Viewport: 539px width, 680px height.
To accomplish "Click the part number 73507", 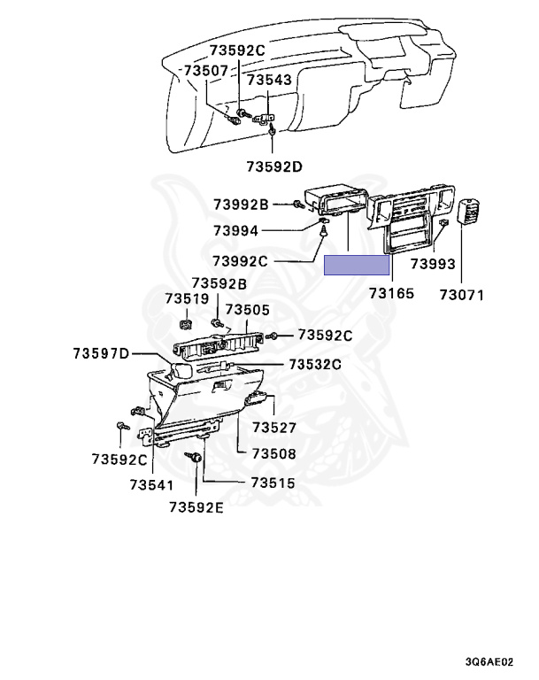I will (x=205, y=70).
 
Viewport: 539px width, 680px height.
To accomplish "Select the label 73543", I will (x=269, y=81).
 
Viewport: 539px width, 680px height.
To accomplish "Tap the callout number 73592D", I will (x=274, y=166).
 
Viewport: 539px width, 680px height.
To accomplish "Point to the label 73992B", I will (x=240, y=205).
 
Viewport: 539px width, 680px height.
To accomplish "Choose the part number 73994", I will (x=235, y=231).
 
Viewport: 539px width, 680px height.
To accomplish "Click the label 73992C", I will (x=240, y=261).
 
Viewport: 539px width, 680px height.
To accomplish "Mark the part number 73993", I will (x=434, y=264).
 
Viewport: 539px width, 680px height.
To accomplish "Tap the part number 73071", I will (x=462, y=294).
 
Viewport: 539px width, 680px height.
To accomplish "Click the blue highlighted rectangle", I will (x=358, y=265).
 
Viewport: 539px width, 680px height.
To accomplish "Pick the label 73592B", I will (x=219, y=283).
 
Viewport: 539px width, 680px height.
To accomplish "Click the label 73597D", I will (x=101, y=355).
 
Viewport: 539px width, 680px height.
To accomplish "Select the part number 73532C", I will (x=312, y=364).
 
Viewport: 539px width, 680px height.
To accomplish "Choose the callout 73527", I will (x=273, y=429).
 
